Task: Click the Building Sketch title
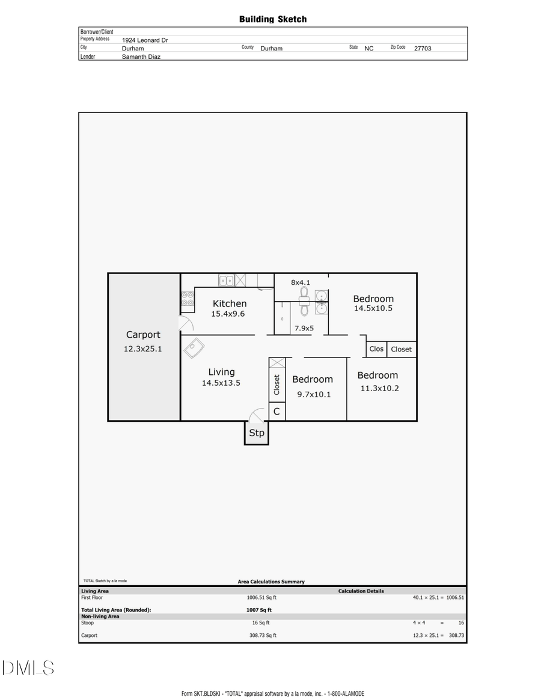pyautogui.click(x=273, y=19)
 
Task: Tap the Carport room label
pyautogui.click(x=143, y=335)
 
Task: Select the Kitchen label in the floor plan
pyautogui.click(x=230, y=303)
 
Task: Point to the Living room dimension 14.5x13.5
pyautogui.click(x=221, y=383)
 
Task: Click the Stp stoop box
pyautogui.click(x=257, y=433)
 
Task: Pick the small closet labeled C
pyautogui.click(x=277, y=412)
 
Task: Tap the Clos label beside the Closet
pyautogui.click(x=376, y=349)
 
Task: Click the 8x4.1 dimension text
pyautogui.click(x=301, y=282)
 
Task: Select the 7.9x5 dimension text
pyautogui.click(x=304, y=328)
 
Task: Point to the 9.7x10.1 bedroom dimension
pyautogui.click(x=314, y=395)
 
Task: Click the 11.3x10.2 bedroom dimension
pyautogui.click(x=379, y=388)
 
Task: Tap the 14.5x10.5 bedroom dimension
pyautogui.click(x=373, y=308)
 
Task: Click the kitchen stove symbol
pyautogui.click(x=188, y=299)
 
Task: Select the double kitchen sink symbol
pyautogui.click(x=226, y=280)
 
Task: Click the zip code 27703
pyautogui.click(x=423, y=48)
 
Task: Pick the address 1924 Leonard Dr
pyautogui.click(x=141, y=40)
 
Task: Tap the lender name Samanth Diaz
pyautogui.click(x=141, y=56)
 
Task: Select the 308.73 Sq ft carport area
pyautogui.click(x=263, y=635)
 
